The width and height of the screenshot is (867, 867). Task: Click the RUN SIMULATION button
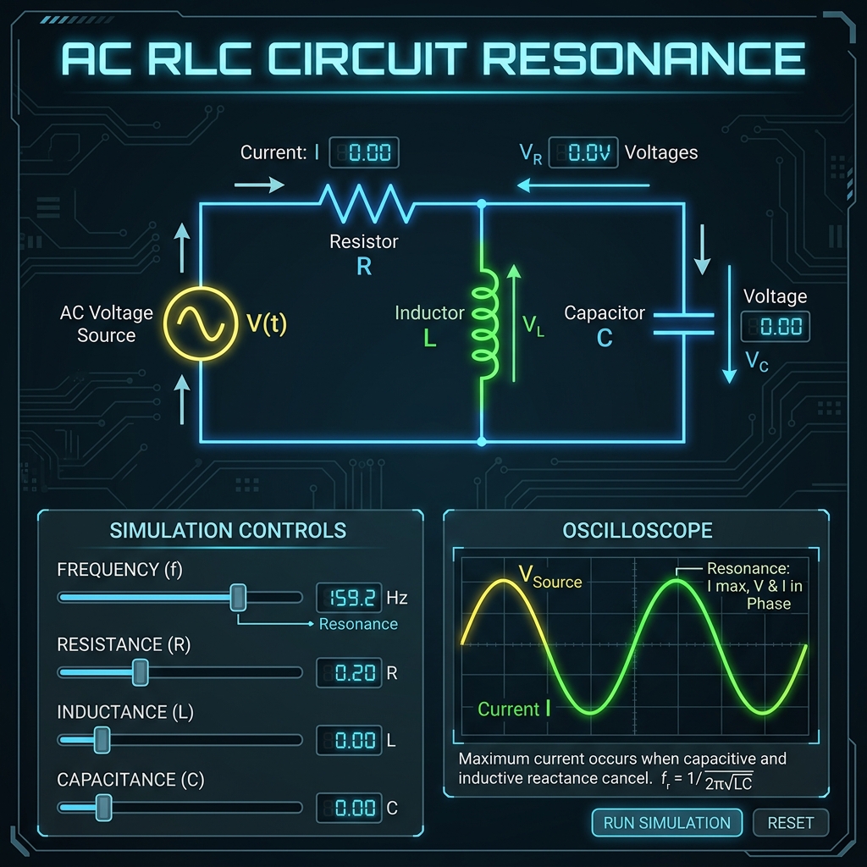click(x=667, y=823)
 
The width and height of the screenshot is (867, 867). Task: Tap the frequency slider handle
click(x=238, y=597)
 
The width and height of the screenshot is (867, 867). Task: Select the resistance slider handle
click(x=141, y=672)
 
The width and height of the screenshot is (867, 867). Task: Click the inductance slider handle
click(x=102, y=740)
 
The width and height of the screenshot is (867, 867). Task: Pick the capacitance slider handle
click(x=103, y=807)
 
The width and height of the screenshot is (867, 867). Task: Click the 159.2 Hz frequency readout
click(x=349, y=598)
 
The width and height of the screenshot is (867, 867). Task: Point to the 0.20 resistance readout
click(x=349, y=672)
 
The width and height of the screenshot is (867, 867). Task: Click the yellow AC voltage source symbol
click(x=201, y=323)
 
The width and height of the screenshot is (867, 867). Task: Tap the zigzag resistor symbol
click(x=367, y=204)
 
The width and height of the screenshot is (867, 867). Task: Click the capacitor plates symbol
click(x=684, y=324)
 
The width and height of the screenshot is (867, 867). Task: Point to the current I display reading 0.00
click(x=364, y=152)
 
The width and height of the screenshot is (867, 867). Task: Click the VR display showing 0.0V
click(x=583, y=152)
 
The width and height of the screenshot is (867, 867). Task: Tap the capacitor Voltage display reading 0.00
click(x=776, y=326)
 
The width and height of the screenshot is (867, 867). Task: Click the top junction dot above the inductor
click(x=482, y=204)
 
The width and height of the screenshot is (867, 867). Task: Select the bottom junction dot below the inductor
click(x=482, y=441)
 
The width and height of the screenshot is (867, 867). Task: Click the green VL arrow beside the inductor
click(x=514, y=323)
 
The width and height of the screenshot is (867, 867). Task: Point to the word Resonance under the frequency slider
click(x=358, y=624)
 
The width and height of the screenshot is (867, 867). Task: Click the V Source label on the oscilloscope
click(x=550, y=577)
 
